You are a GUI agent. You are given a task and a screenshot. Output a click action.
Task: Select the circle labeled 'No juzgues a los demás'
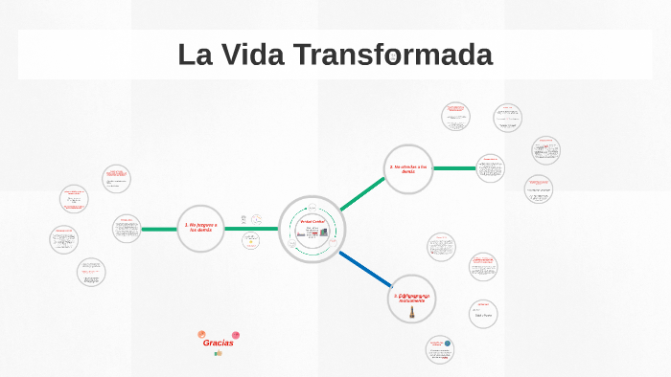[200, 230]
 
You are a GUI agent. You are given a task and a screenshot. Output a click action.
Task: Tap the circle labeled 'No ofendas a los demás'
[408, 169]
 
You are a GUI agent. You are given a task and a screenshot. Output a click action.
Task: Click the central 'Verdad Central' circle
[312, 229]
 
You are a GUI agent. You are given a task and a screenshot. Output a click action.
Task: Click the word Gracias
[218, 343]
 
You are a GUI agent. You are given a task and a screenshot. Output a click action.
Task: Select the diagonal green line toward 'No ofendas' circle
[362, 194]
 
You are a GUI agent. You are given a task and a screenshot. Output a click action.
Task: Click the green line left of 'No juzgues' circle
[158, 230]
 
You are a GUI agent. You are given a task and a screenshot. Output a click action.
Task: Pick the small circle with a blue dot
[440, 349]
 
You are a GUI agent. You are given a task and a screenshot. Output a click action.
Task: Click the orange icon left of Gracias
[201, 334]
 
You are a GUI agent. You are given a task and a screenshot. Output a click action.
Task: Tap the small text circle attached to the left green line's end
[127, 229]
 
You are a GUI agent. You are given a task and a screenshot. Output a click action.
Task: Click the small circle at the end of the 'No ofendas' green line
[490, 168]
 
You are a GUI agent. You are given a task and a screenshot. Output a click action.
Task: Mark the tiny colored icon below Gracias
[219, 353]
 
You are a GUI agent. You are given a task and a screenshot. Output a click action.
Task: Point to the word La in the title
[195, 55]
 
